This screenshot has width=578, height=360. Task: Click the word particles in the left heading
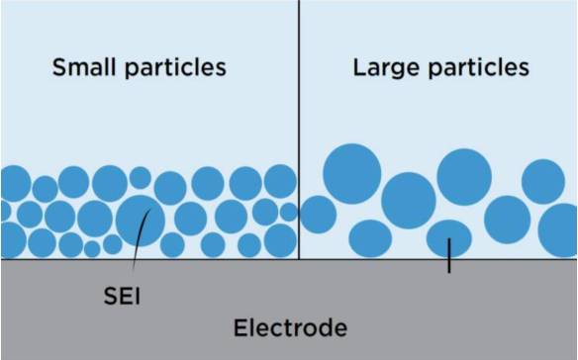point(175,68)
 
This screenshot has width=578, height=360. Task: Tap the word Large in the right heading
point(387,68)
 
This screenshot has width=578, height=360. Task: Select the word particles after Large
point(478,68)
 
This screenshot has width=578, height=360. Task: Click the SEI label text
point(122,296)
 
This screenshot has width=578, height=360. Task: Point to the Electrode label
point(290,327)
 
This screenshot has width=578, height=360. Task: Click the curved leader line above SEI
point(141,239)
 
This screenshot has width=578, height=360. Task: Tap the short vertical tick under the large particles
point(449,256)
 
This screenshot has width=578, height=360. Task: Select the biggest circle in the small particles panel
point(141,221)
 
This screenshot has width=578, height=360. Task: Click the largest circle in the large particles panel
point(352,173)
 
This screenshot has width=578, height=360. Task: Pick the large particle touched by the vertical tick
point(449,238)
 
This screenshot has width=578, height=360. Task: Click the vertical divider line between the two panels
point(299,130)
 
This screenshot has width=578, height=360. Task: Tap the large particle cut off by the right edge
point(558,230)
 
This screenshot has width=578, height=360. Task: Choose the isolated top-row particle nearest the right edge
point(543,181)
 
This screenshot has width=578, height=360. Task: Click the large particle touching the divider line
point(318,215)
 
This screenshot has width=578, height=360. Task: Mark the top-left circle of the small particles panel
point(15,184)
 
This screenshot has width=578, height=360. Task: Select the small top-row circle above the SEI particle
point(141,178)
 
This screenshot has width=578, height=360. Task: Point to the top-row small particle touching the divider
point(280,181)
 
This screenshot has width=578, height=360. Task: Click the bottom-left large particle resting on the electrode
point(370,238)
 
